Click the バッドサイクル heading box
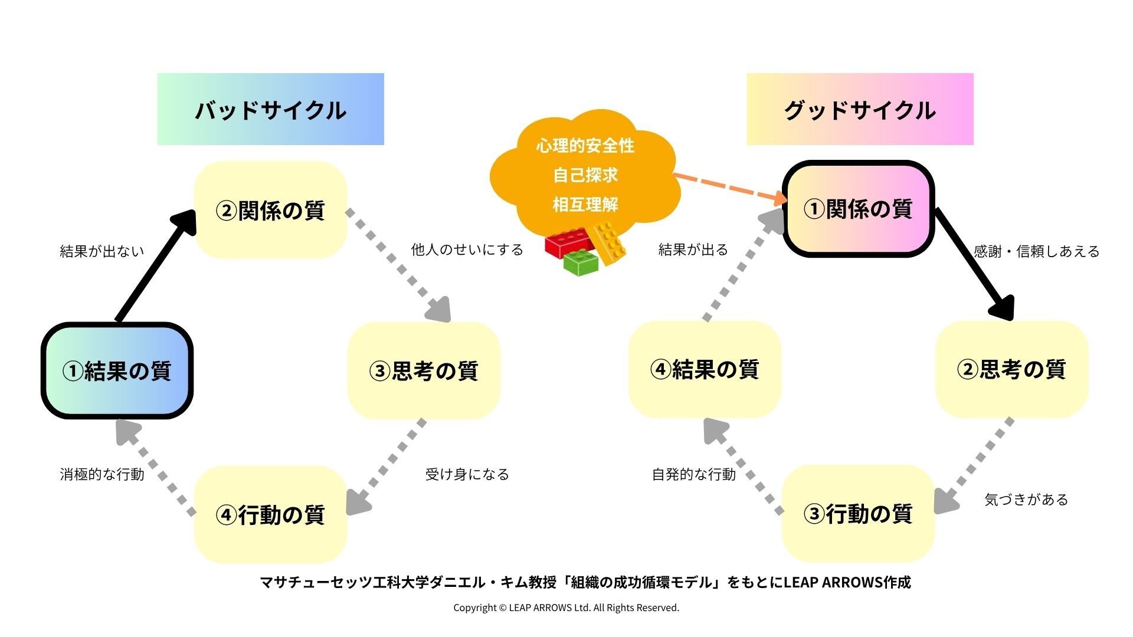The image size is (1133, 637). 270,110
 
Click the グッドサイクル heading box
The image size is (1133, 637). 860,110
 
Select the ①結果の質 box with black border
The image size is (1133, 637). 117,371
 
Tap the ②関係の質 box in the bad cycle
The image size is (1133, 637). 270,210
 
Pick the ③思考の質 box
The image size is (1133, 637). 424,371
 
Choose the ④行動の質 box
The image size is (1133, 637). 270,514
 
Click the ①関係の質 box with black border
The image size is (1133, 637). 858,209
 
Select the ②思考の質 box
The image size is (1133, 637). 1011,370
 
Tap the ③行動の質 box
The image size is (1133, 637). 858,513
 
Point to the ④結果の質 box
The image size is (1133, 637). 705,370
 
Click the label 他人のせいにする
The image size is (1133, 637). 467,250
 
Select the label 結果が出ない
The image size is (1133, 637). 102,251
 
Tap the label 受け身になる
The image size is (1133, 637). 467,474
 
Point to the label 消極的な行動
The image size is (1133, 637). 102,474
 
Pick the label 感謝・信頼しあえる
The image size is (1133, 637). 1036,252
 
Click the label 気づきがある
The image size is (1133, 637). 1026,500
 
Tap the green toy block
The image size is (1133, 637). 581,264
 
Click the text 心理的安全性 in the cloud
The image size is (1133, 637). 585,146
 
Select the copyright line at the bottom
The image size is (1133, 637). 566,608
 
